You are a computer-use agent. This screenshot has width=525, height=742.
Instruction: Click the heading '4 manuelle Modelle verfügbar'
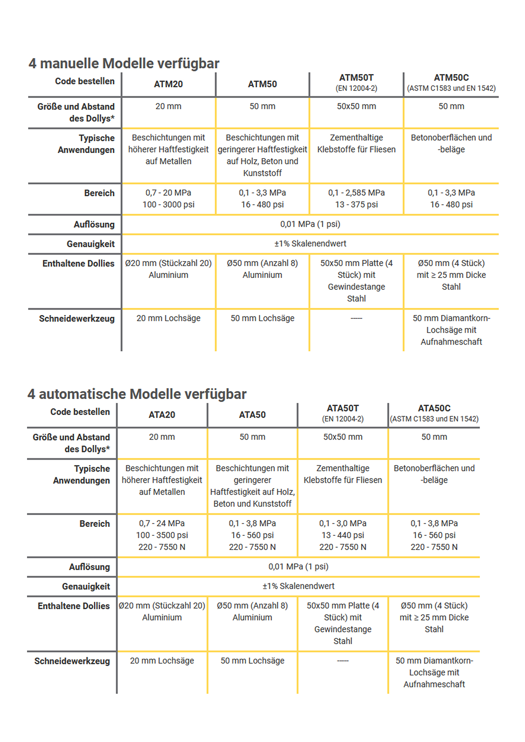point(124,63)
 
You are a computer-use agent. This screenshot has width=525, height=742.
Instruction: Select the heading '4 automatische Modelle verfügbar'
point(137,394)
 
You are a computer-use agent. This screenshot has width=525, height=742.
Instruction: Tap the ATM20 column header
point(168,84)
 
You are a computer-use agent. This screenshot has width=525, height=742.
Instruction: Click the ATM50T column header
point(356,78)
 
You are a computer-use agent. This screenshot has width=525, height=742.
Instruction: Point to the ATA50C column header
point(434,409)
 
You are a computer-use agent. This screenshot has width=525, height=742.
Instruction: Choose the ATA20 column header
point(162,415)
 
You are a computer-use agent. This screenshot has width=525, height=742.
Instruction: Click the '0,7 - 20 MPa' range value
point(168,193)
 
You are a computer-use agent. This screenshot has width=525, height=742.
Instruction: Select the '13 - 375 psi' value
point(356,205)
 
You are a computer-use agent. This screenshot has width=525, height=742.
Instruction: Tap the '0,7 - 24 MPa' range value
point(162,523)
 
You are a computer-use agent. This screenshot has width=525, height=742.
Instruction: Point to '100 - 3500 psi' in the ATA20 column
point(162,535)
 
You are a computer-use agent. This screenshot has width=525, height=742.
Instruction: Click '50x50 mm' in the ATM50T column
point(356,106)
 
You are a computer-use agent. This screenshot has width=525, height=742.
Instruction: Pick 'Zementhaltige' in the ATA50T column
point(343,468)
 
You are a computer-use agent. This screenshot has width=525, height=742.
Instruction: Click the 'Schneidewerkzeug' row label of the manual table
point(77,318)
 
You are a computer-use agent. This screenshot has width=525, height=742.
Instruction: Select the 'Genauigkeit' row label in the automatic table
point(86,586)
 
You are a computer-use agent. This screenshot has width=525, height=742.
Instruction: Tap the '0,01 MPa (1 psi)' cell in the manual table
point(310,224)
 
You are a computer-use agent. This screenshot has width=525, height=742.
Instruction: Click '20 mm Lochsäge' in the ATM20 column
point(168,318)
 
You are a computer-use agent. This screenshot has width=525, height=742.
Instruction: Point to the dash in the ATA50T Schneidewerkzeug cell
point(343,661)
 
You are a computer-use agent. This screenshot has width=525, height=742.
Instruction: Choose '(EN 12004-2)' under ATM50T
point(356,88)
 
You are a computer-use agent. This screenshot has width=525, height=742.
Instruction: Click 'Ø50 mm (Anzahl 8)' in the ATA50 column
point(252,606)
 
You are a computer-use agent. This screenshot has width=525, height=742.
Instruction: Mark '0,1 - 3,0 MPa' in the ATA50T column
point(343,523)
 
